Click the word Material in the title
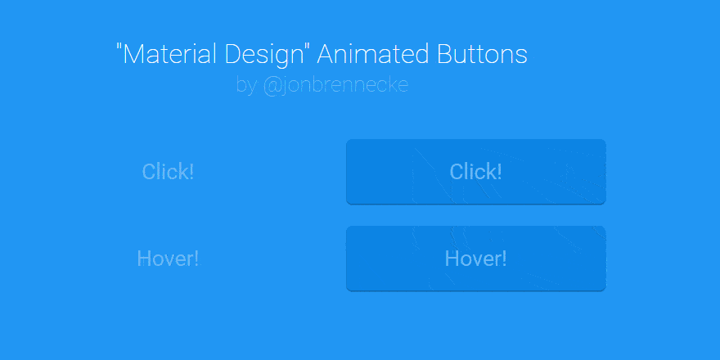point(170,54)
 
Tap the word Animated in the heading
point(372,54)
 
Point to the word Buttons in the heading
point(482,54)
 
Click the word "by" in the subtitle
point(246,86)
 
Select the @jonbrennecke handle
point(335,86)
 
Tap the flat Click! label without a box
point(168,172)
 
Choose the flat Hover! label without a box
point(169,259)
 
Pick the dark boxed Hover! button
point(476,259)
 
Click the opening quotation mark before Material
point(119,47)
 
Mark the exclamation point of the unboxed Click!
point(191,172)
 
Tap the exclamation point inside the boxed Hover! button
point(504,259)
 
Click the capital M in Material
point(133,54)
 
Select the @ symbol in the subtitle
point(272,87)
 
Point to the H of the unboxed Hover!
point(144,259)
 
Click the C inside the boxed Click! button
point(457,172)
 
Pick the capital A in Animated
point(326,54)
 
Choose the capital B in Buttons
point(444,54)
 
